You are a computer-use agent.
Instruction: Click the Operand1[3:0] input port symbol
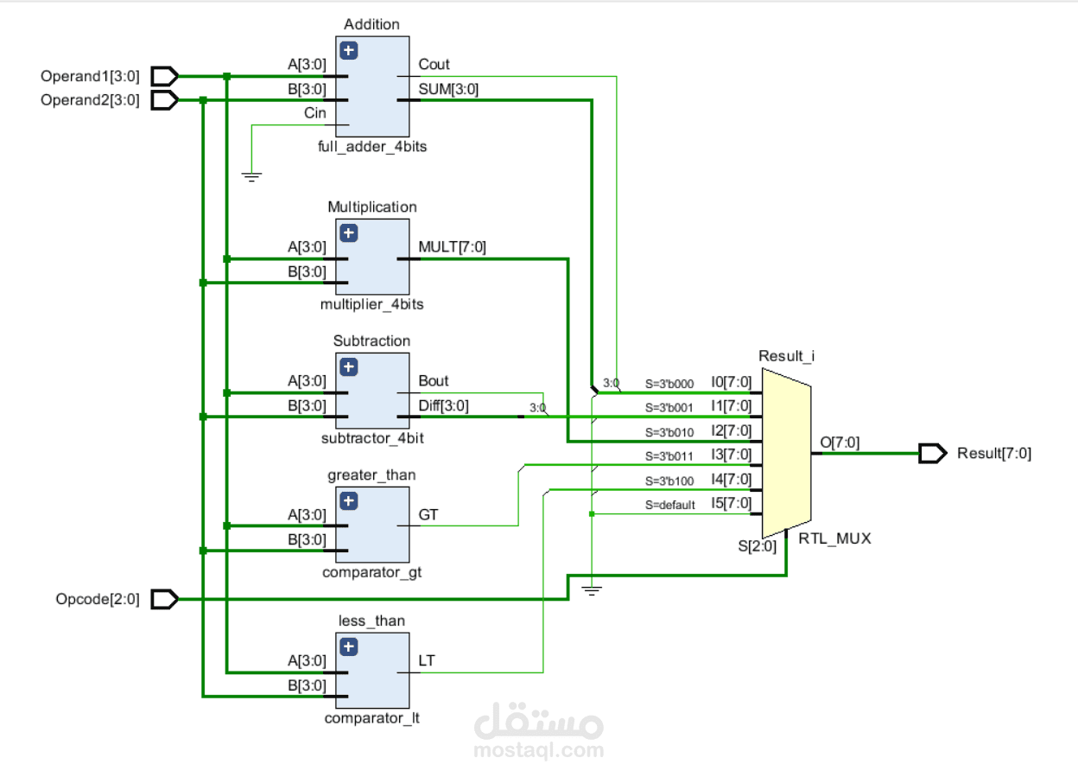[x=164, y=76]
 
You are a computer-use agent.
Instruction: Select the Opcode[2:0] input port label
[x=97, y=599]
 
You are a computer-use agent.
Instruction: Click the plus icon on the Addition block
[x=349, y=51]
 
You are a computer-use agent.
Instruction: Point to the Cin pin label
[x=314, y=113]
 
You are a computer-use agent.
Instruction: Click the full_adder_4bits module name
[x=372, y=146]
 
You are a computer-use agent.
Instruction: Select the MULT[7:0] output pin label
[x=453, y=247]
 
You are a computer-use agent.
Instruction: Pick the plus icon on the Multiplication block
[x=349, y=232]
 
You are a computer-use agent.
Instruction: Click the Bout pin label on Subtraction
[x=434, y=381]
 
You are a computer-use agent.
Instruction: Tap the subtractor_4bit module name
[x=372, y=438]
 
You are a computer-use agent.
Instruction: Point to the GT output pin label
[x=428, y=515]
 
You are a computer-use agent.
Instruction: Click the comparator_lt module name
[x=372, y=718]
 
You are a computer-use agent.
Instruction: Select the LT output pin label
[x=427, y=661]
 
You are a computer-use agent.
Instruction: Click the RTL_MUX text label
[x=834, y=538]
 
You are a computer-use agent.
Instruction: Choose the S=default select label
[x=670, y=506]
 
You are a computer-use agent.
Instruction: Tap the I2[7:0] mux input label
[x=731, y=430]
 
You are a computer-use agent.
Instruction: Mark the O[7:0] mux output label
[x=840, y=443]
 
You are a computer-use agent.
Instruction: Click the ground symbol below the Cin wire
[x=251, y=177]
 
